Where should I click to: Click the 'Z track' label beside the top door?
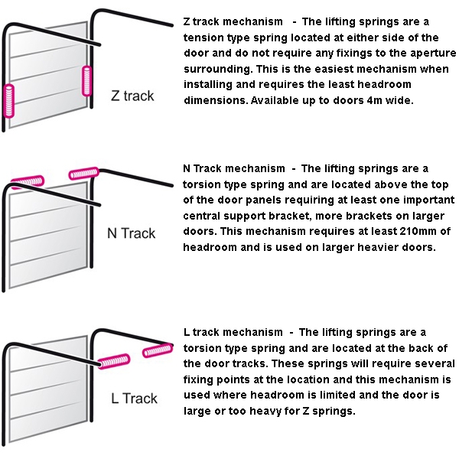[132, 96]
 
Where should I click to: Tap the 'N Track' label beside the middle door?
[131, 233]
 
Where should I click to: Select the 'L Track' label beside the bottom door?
[134, 399]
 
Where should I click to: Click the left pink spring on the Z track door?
[8, 101]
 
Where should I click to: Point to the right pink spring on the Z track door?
[86, 81]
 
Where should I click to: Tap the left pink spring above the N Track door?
[28, 181]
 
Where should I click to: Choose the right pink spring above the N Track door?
[83, 174]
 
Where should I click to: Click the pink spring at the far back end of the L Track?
[158, 350]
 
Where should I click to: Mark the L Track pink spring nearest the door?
[113, 362]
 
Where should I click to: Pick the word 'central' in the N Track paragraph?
[202, 216]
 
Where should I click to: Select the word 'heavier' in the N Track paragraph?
[378, 247]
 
